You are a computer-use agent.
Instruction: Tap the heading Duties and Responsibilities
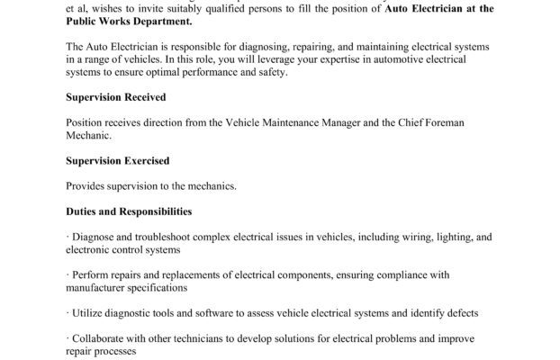[x=129, y=211]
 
